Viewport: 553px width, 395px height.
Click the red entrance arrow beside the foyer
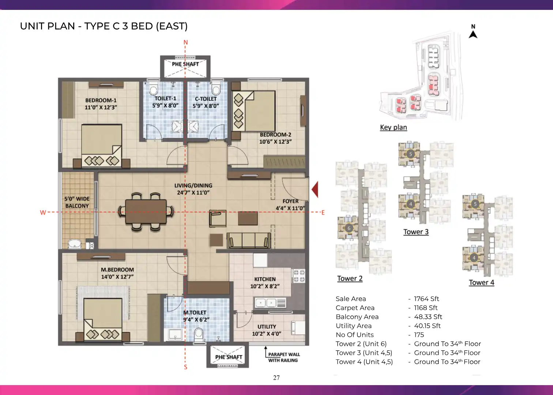tap(315, 189)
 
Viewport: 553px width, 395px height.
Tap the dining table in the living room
tap(146, 211)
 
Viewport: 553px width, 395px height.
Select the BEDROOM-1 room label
tap(101, 100)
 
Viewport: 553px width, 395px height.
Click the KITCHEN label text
tap(265, 279)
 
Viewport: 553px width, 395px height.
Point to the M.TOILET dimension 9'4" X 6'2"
tap(196, 320)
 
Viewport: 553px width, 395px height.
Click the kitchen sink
tap(271, 303)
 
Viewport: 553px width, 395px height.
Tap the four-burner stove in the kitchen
tap(299, 276)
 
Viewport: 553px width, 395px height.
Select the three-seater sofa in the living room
tap(249, 240)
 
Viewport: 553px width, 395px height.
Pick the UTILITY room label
tap(267, 327)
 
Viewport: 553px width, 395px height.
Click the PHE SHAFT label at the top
tap(185, 64)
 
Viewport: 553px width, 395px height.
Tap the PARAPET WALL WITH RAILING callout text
tap(284, 357)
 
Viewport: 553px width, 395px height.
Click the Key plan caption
tap(394, 127)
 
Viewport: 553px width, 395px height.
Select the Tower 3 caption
tap(416, 232)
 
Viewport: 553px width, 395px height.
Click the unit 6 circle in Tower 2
tap(349, 228)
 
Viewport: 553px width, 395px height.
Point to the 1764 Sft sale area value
tap(426, 299)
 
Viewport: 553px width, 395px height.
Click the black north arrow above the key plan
tap(473, 34)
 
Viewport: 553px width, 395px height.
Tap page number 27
tap(276, 378)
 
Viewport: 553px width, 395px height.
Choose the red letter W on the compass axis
tap(43, 212)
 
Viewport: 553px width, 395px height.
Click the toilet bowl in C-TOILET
tap(216, 89)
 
